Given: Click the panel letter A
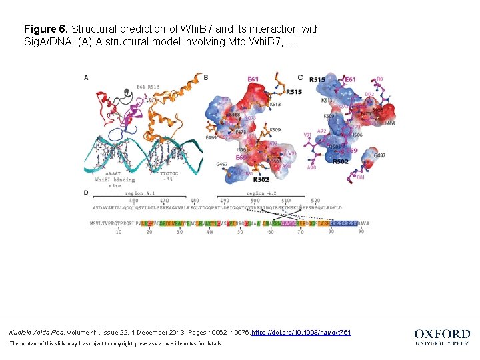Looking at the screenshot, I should click(x=86, y=78).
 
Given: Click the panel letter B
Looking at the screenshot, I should click(x=206, y=77).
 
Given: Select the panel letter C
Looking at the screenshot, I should click(x=300, y=77).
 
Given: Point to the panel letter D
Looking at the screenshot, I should click(x=86, y=193).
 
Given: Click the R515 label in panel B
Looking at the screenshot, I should click(x=293, y=92).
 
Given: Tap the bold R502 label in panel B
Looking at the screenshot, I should click(x=261, y=179).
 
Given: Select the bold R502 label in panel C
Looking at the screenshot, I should click(x=340, y=161).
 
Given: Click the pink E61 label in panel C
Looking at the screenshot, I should click(x=351, y=80).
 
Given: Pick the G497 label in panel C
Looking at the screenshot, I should click(x=379, y=155).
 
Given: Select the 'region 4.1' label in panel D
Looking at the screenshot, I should click(x=139, y=193).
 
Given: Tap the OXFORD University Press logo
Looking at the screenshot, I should click(x=441, y=336).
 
